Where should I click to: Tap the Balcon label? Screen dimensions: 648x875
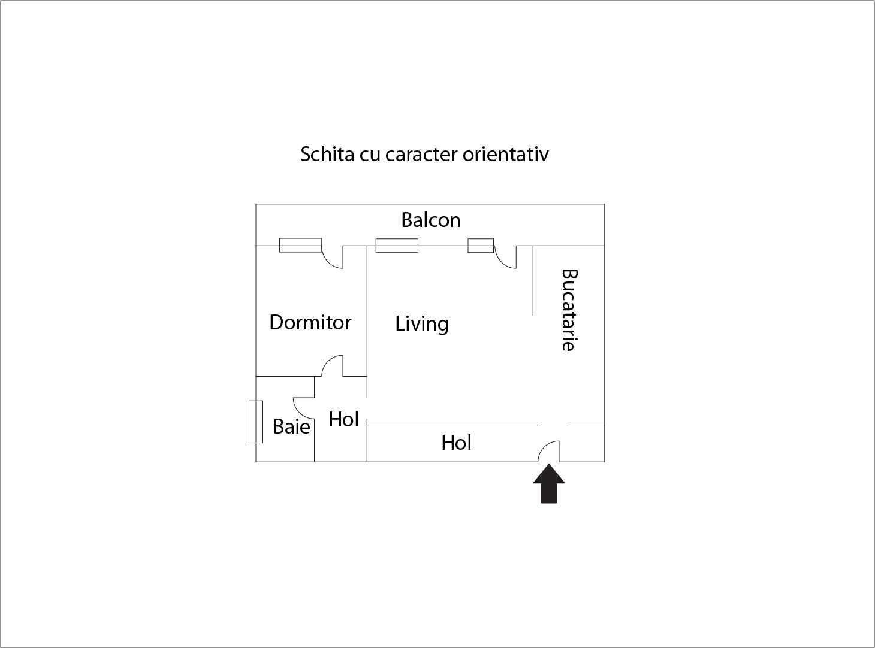431,220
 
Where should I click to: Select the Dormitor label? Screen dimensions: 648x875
310,323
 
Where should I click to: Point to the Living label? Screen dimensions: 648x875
422,324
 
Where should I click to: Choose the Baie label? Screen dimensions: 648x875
291,426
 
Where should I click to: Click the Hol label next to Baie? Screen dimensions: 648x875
343,419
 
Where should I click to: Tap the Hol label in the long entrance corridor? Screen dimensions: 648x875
456,443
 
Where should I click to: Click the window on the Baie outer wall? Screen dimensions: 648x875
256,422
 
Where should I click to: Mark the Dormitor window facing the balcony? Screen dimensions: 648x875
300,245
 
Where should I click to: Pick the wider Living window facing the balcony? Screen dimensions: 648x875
397,246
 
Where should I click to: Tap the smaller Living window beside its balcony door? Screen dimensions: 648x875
481,246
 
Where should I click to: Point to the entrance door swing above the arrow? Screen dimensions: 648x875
550,452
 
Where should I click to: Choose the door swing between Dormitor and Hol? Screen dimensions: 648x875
333,366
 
